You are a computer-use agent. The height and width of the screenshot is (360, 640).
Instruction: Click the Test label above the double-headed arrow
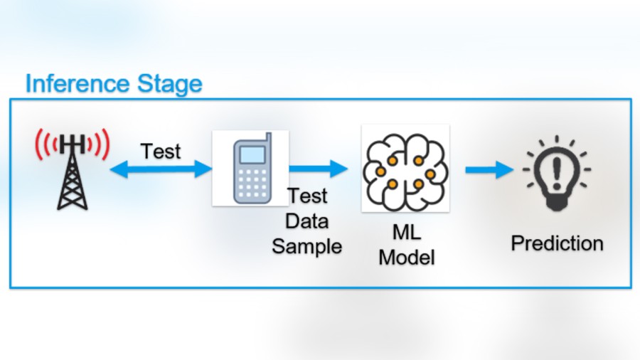coord(161,152)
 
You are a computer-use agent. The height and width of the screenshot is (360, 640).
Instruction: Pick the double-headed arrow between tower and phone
coord(161,169)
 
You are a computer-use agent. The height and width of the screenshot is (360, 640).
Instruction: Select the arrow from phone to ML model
coord(318,169)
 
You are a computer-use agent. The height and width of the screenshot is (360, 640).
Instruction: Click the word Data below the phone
coord(307,221)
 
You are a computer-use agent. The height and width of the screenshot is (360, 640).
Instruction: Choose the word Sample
coord(307,246)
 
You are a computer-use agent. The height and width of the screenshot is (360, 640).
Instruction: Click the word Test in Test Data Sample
coord(307,196)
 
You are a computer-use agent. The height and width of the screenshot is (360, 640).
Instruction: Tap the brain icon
coord(405,169)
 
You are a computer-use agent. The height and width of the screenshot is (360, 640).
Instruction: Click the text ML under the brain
coord(406,232)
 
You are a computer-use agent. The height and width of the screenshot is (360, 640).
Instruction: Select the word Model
coord(406,257)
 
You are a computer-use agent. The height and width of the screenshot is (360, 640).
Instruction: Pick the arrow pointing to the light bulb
coord(489,169)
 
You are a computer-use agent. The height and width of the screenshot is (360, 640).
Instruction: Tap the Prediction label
coord(557,243)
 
